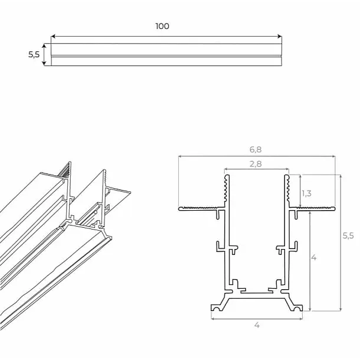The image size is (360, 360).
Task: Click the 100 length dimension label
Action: click(x=162, y=26)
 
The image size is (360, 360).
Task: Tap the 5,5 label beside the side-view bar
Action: click(x=34, y=54)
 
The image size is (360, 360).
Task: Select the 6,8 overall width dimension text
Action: click(x=256, y=150)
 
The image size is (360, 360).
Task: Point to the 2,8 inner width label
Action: click(x=256, y=164)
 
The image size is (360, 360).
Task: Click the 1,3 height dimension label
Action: click(x=307, y=193)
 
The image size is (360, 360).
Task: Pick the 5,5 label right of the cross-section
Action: click(x=348, y=235)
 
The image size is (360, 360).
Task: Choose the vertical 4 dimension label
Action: click(x=314, y=258)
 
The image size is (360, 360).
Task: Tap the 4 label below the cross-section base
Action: click(x=257, y=325)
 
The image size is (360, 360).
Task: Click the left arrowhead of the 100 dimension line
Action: click(x=53, y=37)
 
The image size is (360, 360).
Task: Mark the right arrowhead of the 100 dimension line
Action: click(x=280, y=37)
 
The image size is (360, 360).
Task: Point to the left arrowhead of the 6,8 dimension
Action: click(x=180, y=157)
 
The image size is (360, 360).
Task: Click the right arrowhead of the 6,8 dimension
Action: click(x=333, y=157)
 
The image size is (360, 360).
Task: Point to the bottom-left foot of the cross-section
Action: click(x=220, y=305)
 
